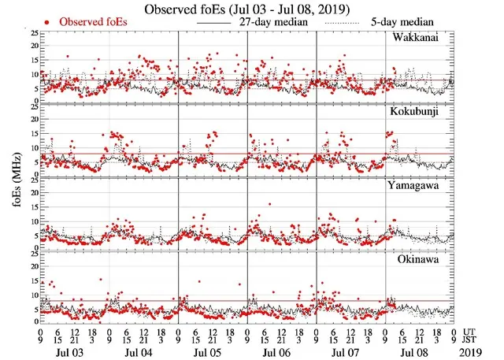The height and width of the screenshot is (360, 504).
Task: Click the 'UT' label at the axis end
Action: tap(469, 332)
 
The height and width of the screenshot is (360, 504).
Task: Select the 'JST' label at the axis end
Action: tap(470, 340)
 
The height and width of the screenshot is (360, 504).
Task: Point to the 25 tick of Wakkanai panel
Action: tap(34, 33)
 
